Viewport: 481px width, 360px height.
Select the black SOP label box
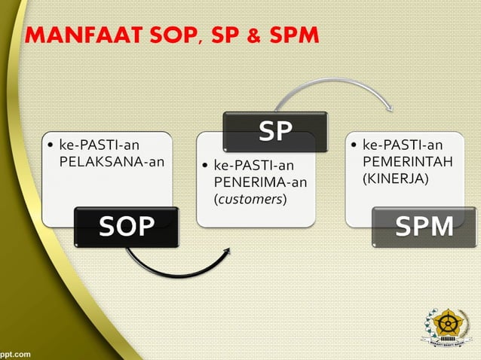click(x=126, y=227)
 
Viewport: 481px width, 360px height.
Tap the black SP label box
click(x=275, y=132)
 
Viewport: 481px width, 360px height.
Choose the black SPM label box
click(x=424, y=227)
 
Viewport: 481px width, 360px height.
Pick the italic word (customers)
click(x=250, y=199)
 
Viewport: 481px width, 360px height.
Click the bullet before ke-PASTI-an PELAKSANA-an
click(x=50, y=144)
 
